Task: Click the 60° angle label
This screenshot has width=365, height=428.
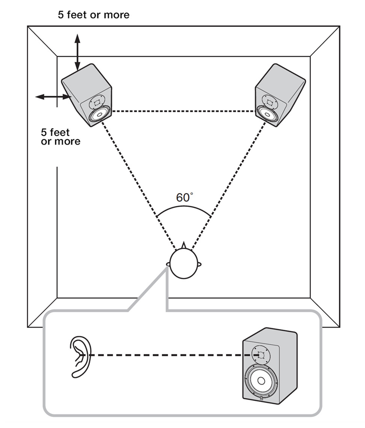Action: point(184,198)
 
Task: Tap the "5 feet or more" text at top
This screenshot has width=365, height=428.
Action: point(94,15)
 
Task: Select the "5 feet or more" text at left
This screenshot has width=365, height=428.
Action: point(60,137)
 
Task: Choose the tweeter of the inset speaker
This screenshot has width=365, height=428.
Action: point(261,354)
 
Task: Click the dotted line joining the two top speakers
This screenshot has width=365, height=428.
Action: point(182,111)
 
